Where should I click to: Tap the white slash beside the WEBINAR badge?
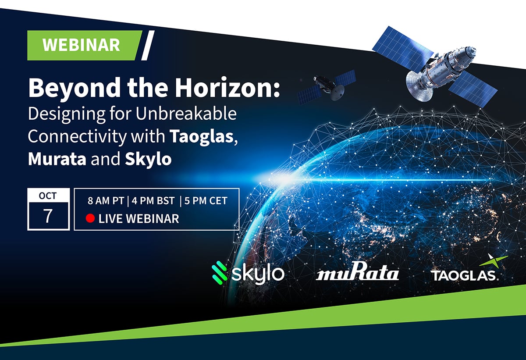tap(148, 45)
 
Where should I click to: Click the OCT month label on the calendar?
tap(48, 196)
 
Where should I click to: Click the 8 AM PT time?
tap(106, 201)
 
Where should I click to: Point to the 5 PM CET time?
tap(206, 201)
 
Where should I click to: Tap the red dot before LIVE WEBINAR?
tap(91, 218)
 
